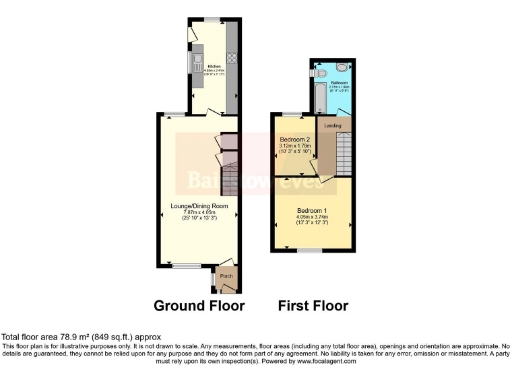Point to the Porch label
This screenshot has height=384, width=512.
(x=226, y=276)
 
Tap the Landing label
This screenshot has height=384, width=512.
(x=334, y=126)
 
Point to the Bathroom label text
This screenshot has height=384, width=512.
(x=338, y=83)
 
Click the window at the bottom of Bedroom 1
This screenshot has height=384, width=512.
(x=310, y=252)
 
